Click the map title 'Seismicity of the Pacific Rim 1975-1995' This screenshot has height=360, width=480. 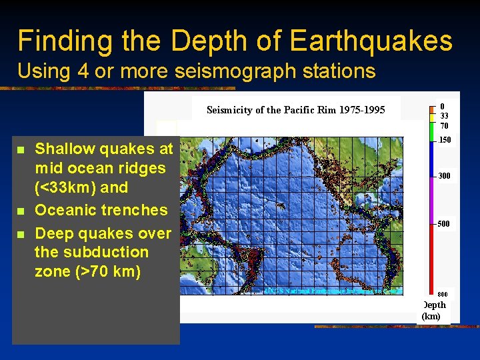(x=295, y=109)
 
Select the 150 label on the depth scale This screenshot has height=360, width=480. (x=445, y=140)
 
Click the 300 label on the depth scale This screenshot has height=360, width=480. (x=445, y=176)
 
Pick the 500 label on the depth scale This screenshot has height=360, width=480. (x=444, y=224)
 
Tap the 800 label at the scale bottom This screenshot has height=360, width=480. (x=442, y=294)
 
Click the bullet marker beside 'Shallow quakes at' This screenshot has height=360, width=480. (x=21, y=149)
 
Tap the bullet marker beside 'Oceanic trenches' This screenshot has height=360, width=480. (x=21, y=211)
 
